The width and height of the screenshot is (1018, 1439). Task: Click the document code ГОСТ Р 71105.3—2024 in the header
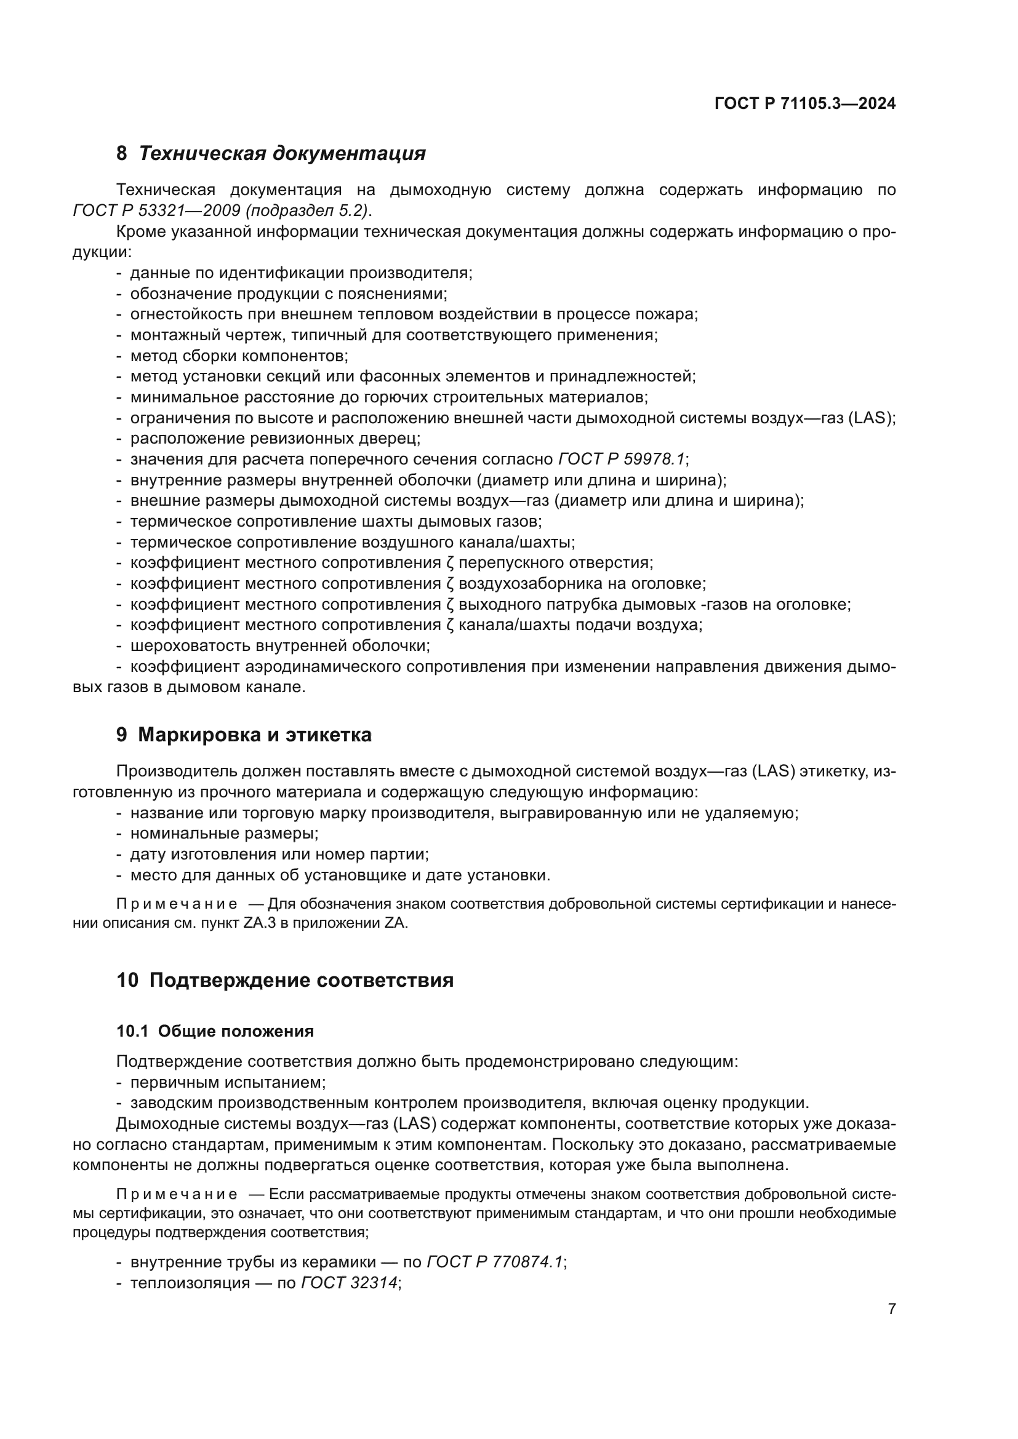click(x=805, y=104)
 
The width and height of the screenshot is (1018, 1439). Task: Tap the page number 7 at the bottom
click(x=891, y=1309)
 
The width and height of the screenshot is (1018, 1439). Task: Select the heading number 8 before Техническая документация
click(x=122, y=154)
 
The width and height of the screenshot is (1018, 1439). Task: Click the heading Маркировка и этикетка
click(x=255, y=735)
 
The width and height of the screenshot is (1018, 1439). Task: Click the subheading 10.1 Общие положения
click(x=215, y=1031)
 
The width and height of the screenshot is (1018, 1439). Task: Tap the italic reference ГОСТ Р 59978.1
click(x=622, y=460)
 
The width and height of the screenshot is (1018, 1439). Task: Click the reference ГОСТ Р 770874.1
click(x=495, y=1262)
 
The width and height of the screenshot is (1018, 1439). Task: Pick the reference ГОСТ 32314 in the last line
click(x=349, y=1282)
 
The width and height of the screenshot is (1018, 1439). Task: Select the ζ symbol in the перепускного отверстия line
click(x=450, y=563)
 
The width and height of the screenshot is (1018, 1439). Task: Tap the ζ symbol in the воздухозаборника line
click(x=450, y=583)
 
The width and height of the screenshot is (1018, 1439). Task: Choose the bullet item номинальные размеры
click(x=225, y=834)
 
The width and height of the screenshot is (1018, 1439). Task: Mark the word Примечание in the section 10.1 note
click(x=177, y=1195)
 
